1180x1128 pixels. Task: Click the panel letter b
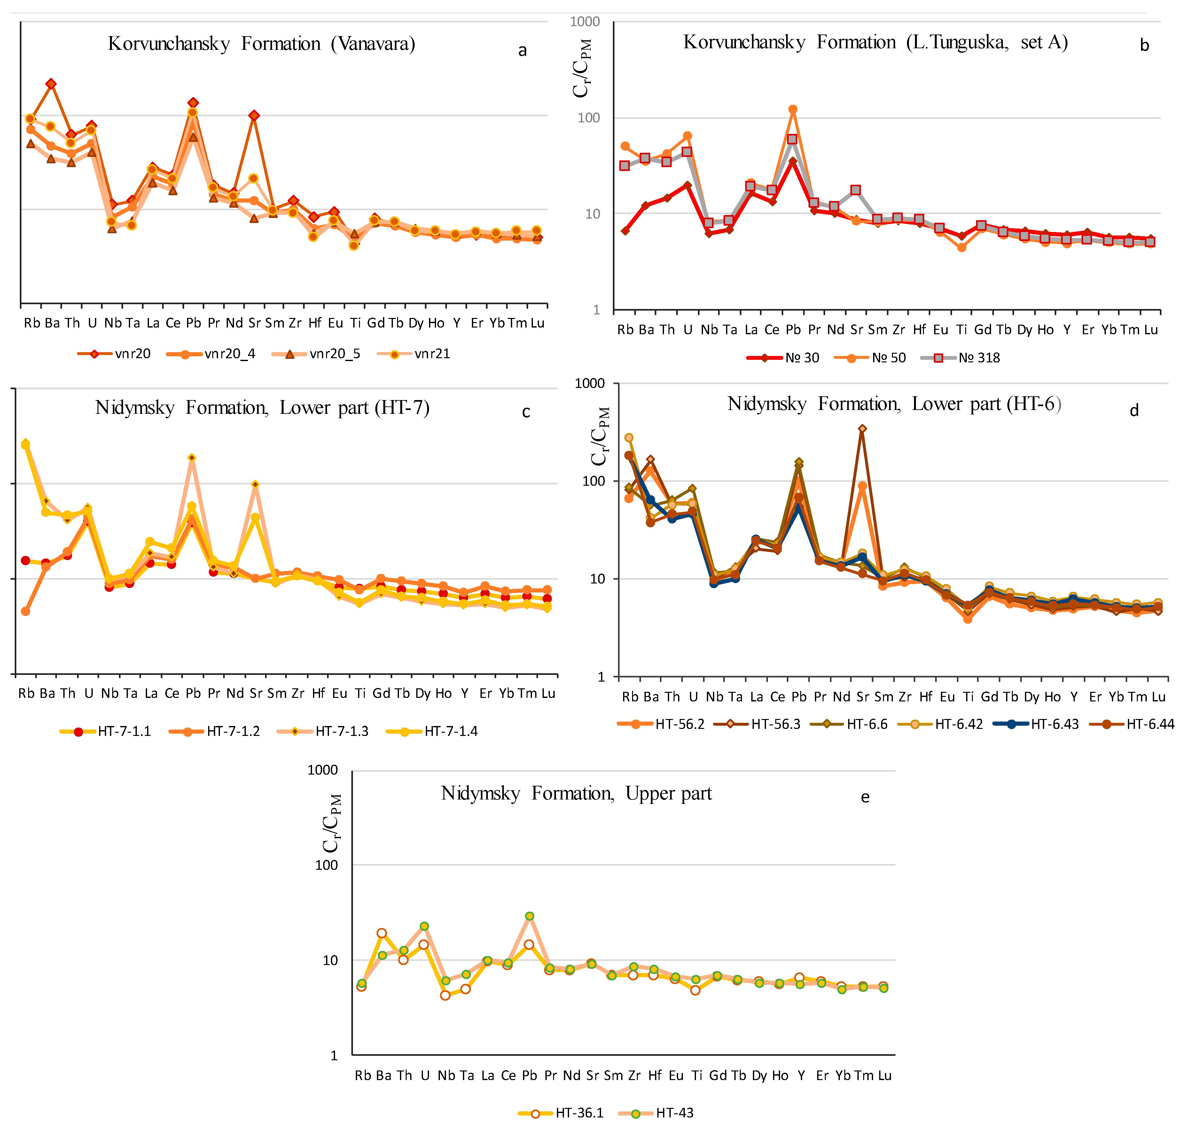pyautogui.click(x=1145, y=46)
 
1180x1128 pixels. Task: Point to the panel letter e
pyautogui.click(x=865, y=797)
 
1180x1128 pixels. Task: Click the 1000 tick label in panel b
pyautogui.click(x=585, y=22)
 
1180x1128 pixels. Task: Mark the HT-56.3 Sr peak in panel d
pyautogui.click(x=863, y=429)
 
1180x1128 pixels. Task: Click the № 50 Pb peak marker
pyautogui.click(x=793, y=109)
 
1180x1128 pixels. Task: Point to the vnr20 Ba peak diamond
pyautogui.click(x=51, y=84)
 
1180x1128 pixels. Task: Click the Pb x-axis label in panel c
pyautogui.click(x=193, y=693)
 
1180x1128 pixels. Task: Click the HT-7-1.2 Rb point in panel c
pyautogui.click(x=25, y=612)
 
